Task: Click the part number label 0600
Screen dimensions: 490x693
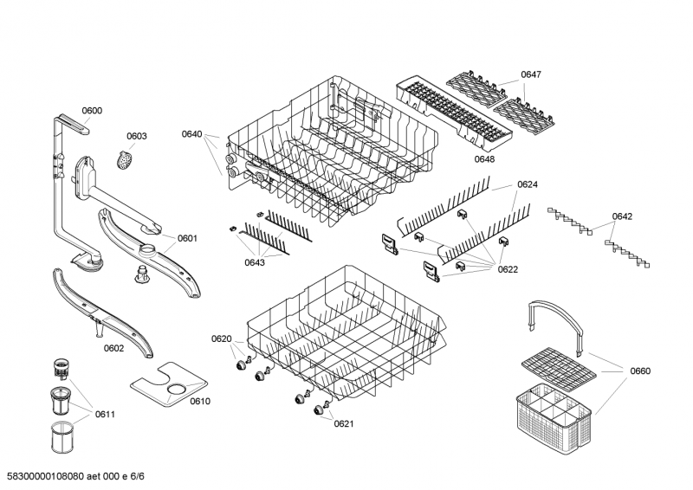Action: coord(92,110)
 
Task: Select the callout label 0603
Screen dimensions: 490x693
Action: coord(137,136)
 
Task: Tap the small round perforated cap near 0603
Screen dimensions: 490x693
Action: coord(126,158)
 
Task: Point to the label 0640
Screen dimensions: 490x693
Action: coord(191,134)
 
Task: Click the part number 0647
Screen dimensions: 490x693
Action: coord(531,75)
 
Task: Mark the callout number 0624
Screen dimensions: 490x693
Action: coord(528,184)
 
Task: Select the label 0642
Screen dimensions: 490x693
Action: coord(622,216)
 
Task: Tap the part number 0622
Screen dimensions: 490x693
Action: coord(508,269)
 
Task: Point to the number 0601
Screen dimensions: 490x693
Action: coord(188,238)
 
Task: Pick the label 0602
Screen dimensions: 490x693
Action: coord(113,348)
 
